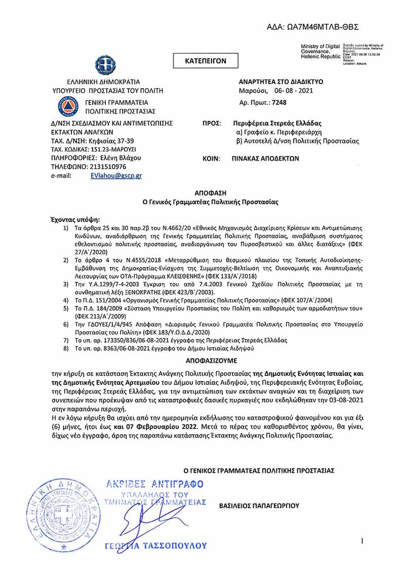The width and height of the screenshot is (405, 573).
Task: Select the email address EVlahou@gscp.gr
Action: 116,175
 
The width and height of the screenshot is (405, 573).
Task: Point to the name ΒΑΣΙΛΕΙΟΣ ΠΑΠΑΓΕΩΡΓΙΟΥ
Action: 259,506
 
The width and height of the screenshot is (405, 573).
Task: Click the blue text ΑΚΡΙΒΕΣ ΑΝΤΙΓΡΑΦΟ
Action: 154,484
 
